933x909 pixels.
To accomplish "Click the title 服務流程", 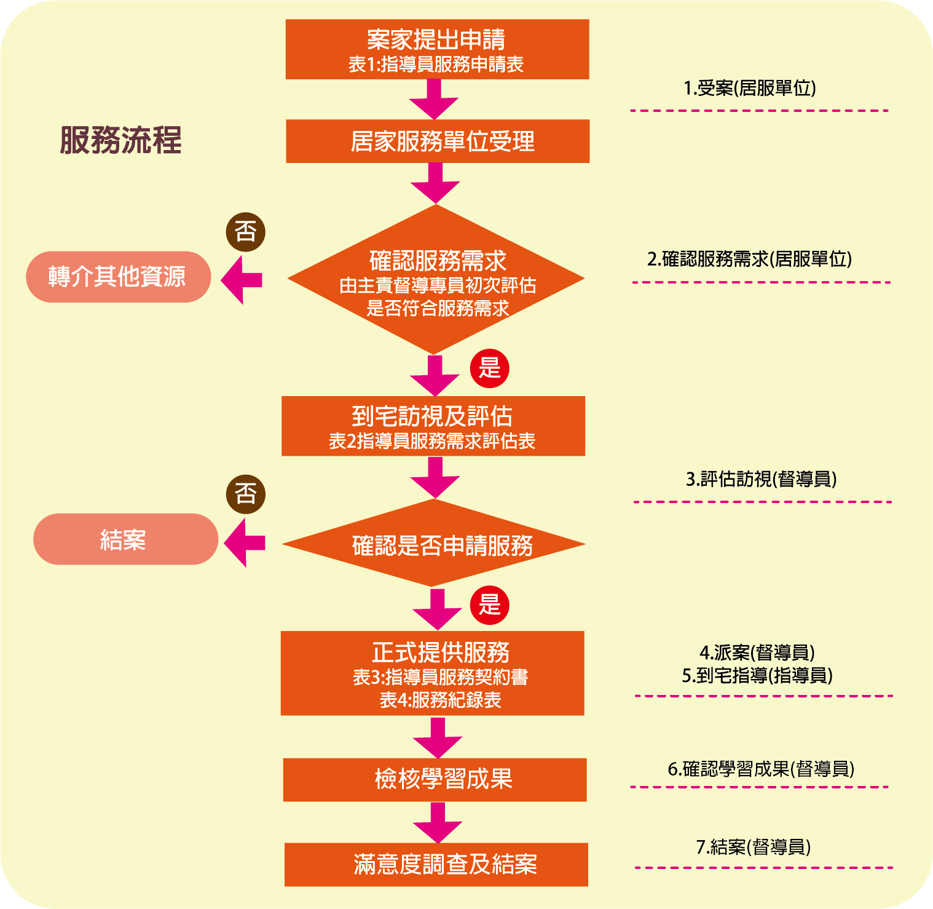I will click(120, 140).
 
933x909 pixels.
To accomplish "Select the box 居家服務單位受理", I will click(438, 141).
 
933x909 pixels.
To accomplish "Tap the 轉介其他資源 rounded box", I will click(118, 277).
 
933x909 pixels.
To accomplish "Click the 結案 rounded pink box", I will click(125, 539).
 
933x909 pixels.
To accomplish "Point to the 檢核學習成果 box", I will click(435, 779).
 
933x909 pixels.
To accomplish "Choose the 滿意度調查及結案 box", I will click(436, 864).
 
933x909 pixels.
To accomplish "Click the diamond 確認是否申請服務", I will click(434, 544).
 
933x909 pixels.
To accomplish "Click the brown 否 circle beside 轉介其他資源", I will click(246, 232).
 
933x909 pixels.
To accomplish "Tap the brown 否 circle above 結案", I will click(246, 494).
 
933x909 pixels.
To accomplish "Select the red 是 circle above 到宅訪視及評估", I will click(490, 368).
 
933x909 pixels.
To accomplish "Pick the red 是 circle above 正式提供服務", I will click(490, 605).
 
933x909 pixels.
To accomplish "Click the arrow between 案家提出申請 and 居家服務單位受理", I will click(435, 99).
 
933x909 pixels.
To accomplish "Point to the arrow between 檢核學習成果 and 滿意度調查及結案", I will click(438, 822).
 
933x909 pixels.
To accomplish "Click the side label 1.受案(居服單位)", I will click(750, 88).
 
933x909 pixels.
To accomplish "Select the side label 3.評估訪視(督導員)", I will click(761, 478).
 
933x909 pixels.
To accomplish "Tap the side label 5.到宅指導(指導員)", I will click(757, 675).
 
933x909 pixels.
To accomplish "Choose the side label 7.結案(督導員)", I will click(754, 847).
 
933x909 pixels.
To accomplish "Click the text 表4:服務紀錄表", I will click(440, 700).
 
